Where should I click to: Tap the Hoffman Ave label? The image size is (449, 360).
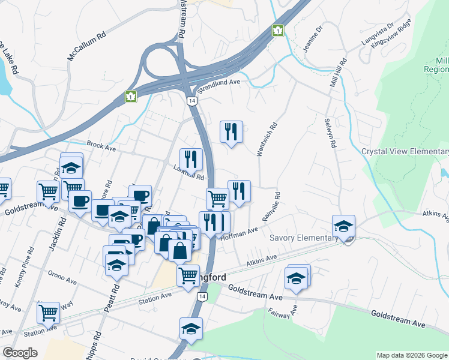pos(240,233)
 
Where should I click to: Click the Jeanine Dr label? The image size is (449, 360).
pos(312,38)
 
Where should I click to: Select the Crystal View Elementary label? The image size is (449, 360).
pos(405,151)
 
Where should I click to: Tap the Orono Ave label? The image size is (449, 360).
pos(63,280)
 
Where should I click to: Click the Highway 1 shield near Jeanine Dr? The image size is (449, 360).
pos(278,30)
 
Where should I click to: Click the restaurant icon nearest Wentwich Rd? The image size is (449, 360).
pos(231,131)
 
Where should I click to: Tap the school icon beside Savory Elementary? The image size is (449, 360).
pos(343,226)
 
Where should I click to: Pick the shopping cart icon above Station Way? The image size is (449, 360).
pos(49,313)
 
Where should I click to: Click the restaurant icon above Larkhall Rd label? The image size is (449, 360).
pos(191,159)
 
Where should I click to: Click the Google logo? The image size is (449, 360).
pos(20,352)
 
